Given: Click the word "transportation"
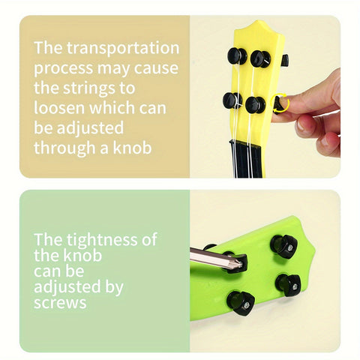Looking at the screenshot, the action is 123,48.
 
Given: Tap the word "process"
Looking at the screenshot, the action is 64,69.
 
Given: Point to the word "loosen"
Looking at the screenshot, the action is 59,107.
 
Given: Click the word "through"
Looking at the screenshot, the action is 64,148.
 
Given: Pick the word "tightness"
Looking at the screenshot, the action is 102,239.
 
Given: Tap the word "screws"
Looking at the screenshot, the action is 60,303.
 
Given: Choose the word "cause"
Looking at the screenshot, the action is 156,68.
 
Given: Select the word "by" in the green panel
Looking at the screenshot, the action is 114,287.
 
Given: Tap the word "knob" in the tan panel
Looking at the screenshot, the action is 132,148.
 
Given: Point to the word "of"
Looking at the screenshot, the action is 149,239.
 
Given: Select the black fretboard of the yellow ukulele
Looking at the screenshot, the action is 246,160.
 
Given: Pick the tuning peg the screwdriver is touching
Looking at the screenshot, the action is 236,262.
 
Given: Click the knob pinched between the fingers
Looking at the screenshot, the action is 278,104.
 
